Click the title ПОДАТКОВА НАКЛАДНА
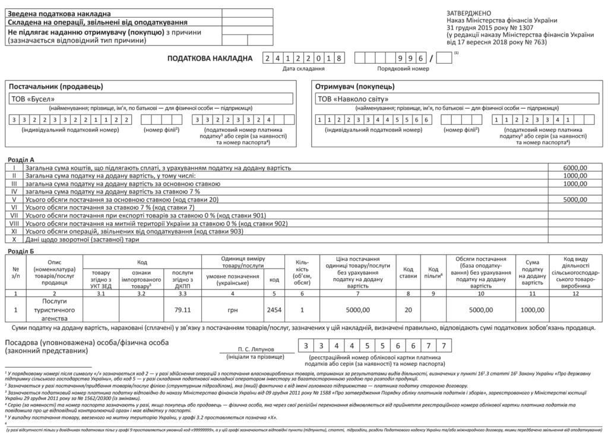210,58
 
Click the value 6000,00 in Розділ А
575,168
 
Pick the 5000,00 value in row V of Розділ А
575,200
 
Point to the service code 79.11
182,310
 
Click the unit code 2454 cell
274,310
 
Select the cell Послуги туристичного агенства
54,310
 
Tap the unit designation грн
232,310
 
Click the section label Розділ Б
21,251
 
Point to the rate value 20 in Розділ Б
408,310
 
